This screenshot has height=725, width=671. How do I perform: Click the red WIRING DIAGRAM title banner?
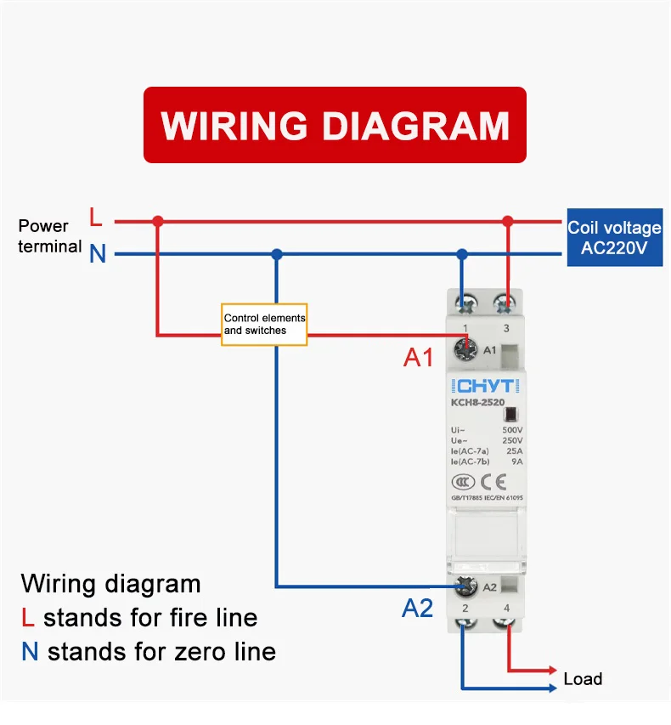click(x=335, y=125)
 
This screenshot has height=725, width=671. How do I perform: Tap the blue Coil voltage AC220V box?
click(x=614, y=238)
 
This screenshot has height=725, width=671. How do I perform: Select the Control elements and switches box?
click(x=264, y=324)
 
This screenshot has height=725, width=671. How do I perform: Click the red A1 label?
click(x=418, y=358)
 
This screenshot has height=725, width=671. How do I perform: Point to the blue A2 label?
click(x=417, y=608)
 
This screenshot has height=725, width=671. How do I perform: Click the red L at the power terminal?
click(x=96, y=219)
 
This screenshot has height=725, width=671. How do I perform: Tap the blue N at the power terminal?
click(x=98, y=254)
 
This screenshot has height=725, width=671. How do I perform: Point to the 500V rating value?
click(x=512, y=430)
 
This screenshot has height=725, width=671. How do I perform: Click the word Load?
click(x=583, y=679)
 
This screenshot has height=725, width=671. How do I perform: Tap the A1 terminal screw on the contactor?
click(x=464, y=348)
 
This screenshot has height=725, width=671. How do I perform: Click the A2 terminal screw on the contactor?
click(x=464, y=586)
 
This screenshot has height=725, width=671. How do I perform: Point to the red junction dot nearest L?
click(x=157, y=221)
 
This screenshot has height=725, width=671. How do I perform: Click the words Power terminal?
click(x=49, y=236)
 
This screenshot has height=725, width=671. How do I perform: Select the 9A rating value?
click(x=517, y=462)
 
